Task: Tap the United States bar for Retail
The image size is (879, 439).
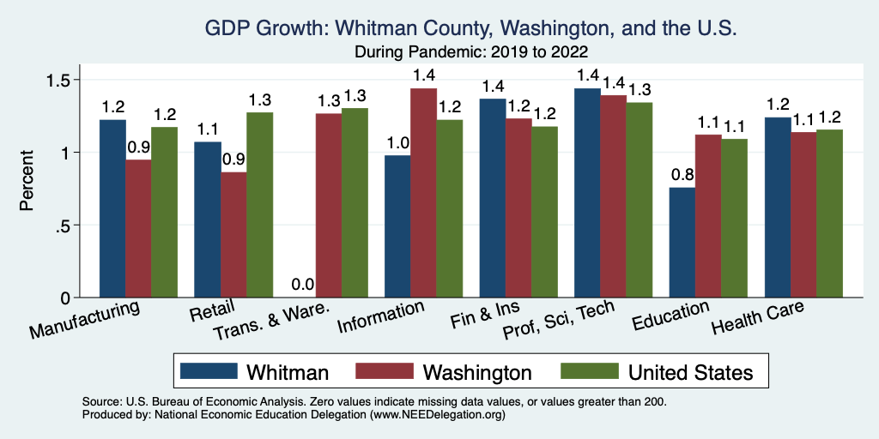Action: click(x=260, y=205)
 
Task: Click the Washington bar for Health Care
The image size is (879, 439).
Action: click(x=803, y=214)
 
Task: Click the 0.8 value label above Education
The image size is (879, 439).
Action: click(x=682, y=175)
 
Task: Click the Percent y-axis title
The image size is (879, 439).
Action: click(x=28, y=182)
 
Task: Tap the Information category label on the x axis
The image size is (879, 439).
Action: click(x=380, y=318)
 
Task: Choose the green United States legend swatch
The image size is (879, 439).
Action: click(x=590, y=371)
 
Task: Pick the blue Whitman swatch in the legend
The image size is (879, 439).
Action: click(x=209, y=371)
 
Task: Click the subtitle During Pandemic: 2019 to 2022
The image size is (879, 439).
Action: click(x=470, y=51)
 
